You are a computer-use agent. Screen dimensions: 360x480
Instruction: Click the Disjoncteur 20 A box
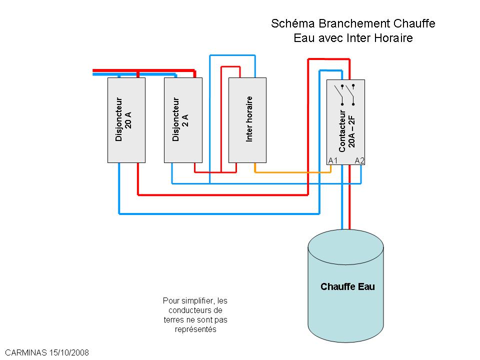pos(126,120)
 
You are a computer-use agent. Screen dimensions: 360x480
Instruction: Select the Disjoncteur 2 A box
pos(183,120)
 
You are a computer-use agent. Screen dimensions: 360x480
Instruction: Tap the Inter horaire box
pos(247,120)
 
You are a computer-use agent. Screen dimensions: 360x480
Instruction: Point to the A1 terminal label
pos(333,160)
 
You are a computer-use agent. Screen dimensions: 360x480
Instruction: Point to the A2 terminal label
pos(359,160)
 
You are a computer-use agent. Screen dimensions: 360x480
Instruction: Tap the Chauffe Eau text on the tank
pos(347,287)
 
